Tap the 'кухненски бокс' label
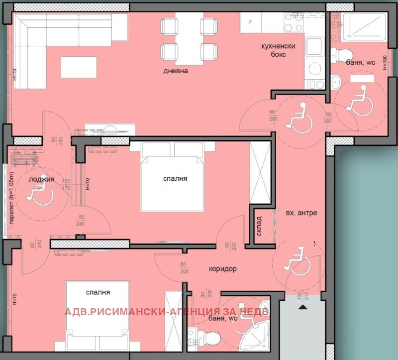point(279,51)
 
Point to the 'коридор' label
point(222,269)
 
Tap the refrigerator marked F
point(251,22)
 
